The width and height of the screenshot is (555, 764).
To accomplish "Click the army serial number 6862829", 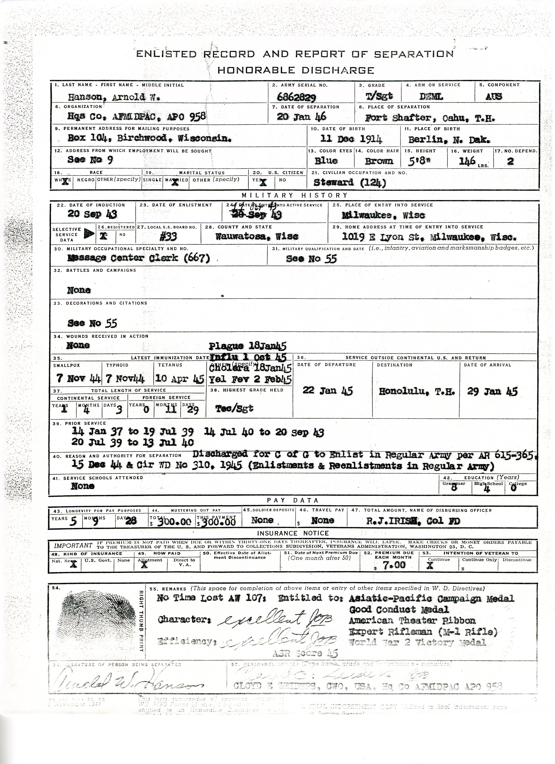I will click(297, 97).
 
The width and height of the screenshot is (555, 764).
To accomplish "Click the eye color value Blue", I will click(326, 161).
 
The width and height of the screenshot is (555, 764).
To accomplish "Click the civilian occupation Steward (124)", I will click(350, 183).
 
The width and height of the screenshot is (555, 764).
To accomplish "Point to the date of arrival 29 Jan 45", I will click(492, 391).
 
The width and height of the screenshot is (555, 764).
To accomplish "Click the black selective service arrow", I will click(89, 234).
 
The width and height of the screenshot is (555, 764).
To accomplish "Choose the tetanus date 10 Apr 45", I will click(180, 379).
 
